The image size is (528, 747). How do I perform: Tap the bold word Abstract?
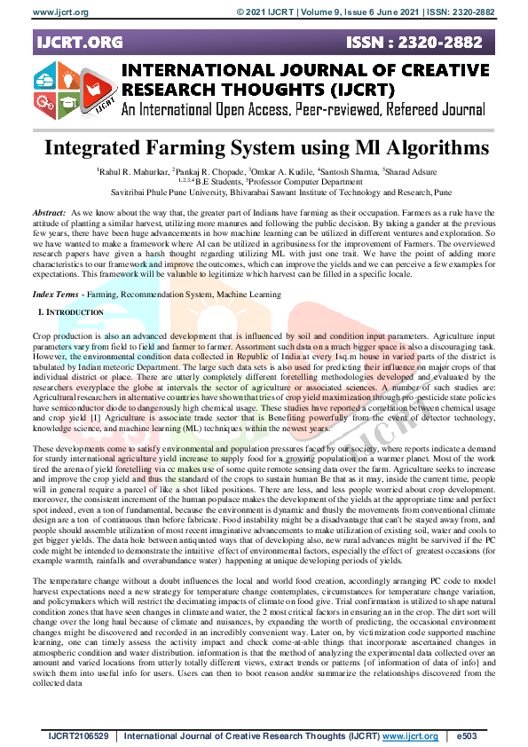click(49, 215)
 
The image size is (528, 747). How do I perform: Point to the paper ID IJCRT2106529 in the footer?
click(79, 736)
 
